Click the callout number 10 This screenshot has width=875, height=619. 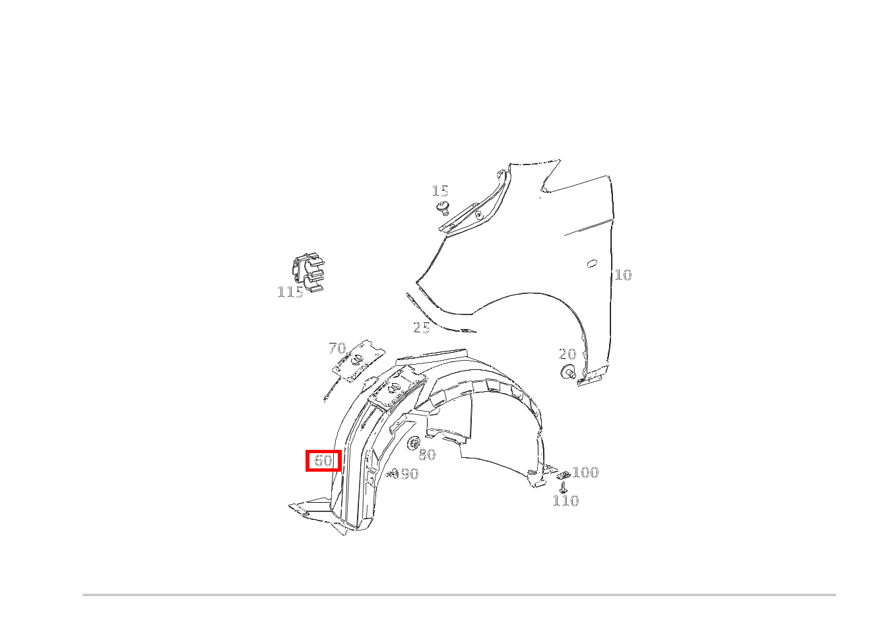623,275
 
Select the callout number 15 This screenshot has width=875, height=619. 440,191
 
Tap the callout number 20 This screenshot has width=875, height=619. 567,354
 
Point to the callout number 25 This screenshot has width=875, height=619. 422,328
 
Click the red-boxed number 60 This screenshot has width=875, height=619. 323,460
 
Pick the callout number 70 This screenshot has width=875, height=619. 337,347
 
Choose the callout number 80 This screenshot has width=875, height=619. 427,455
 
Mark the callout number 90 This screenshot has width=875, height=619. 410,474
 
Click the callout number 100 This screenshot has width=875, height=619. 585,472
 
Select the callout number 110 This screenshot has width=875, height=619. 566,501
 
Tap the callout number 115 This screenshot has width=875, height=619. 290,292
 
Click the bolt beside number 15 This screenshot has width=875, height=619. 443,208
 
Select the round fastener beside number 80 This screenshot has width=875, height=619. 413,443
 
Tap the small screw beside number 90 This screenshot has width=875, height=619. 392,474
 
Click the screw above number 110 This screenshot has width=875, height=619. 563,488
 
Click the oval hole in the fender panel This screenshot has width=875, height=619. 592,264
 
